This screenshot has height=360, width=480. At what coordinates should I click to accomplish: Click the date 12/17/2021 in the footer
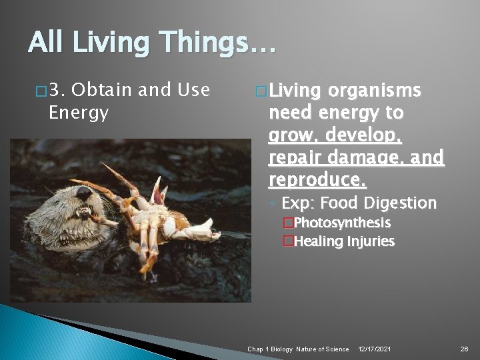tap(375, 349)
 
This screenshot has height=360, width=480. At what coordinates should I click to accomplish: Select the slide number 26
tap(464, 349)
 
